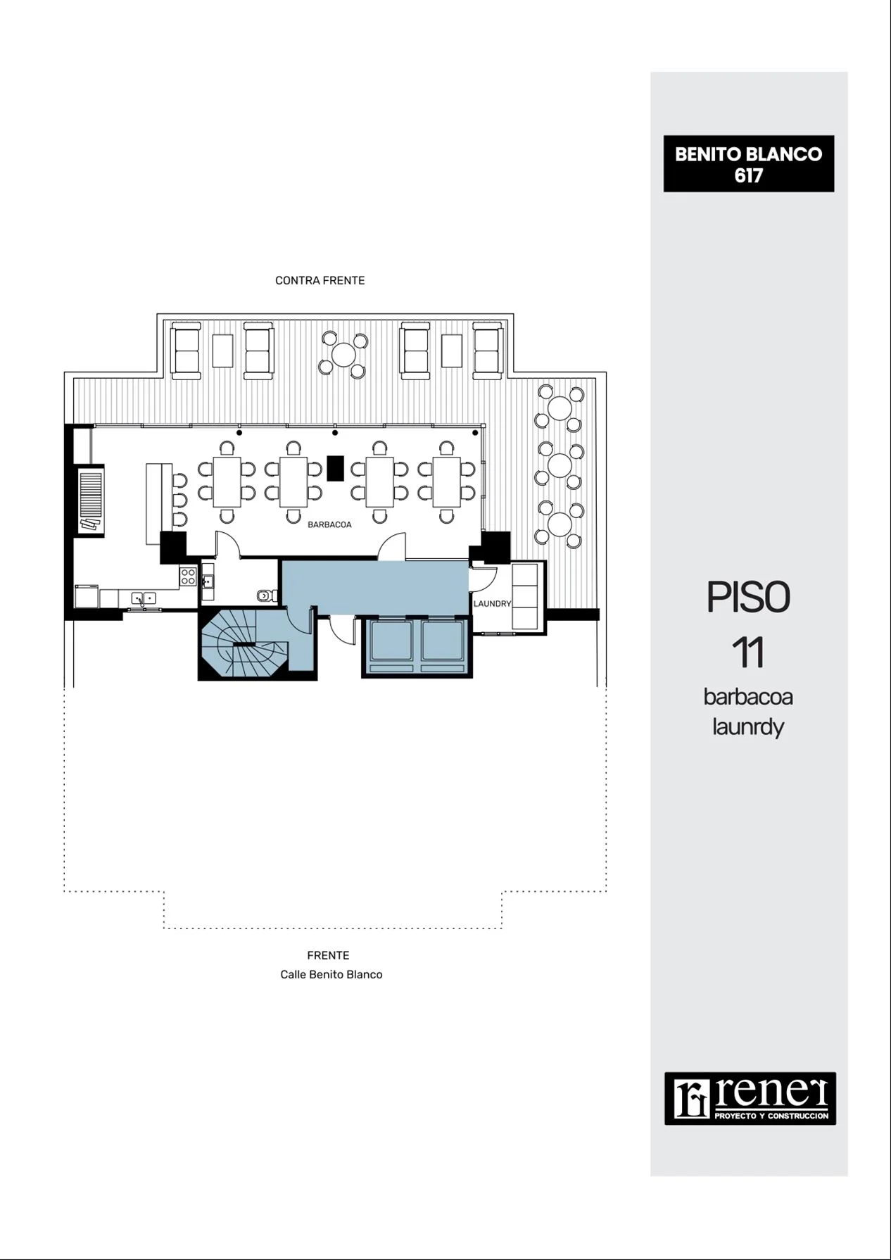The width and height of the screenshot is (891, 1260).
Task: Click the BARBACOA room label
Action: [329, 524]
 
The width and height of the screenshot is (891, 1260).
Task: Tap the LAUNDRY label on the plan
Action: [492, 603]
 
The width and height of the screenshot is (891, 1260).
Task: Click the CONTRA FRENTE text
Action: [320, 280]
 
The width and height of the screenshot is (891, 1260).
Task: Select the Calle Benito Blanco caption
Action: [331, 974]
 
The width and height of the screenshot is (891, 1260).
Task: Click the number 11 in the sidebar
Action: [748, 653]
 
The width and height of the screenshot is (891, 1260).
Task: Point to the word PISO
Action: [748, 597]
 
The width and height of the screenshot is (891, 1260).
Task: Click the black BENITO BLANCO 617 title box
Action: [749, 164]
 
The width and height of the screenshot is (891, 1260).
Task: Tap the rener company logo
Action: [750, 1098]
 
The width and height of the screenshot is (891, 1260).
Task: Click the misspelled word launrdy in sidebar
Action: [748, 726]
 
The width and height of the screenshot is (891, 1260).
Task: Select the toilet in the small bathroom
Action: [265, 596]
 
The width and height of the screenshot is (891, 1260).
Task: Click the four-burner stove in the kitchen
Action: [188, 577]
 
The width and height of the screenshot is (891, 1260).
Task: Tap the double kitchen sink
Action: [144, 598]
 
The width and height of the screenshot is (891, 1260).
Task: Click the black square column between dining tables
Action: [336, 468]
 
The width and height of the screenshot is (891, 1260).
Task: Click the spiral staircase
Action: [243, 644]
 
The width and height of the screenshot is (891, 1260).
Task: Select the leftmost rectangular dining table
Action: [227, 482]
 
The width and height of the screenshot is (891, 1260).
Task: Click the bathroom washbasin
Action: [208, 582]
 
